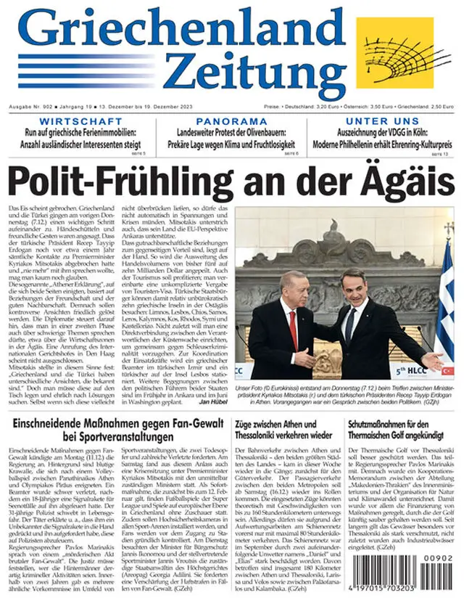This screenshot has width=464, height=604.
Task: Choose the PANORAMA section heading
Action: pyautogui.click(x=231, y=121)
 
